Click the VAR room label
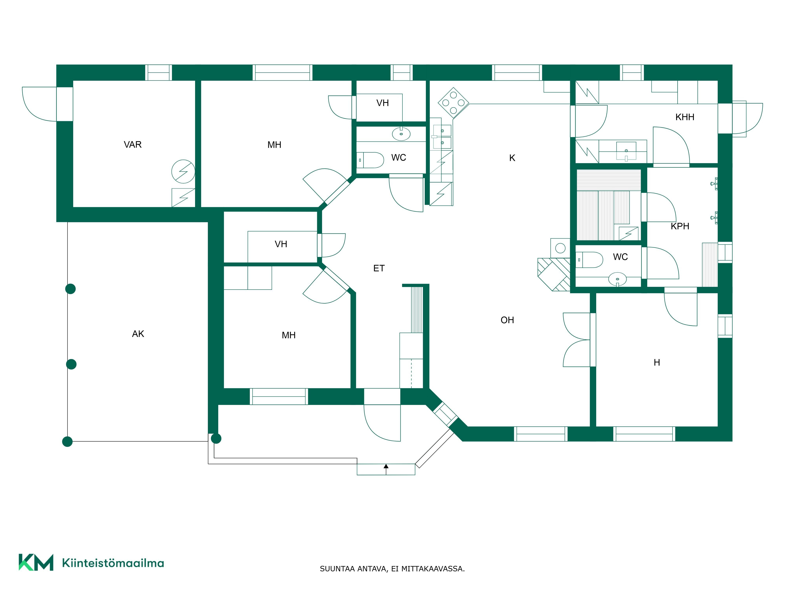pyautogui.click(x=132, y=145)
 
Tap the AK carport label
pyautogui.click(x=138, y=334)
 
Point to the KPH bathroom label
pyautogui.click(x=680, y=226)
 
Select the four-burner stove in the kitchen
pyautogui.click(x=453, y=103)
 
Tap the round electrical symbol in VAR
pyautogui.click(x=183, y=171)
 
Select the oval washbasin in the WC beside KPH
pyautogui.click(x=617, y=279)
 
